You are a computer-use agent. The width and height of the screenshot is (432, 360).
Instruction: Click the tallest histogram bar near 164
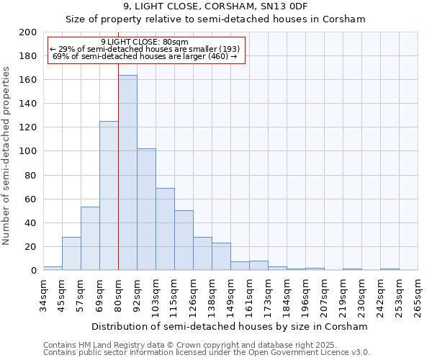(127, 173)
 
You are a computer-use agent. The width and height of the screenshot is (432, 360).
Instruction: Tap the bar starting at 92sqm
(146, 209)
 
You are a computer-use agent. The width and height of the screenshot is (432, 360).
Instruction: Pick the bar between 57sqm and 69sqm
(90, 238)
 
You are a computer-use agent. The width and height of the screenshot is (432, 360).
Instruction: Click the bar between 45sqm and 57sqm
(71, 253)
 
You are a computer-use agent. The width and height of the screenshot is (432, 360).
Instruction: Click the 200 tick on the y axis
(28, 32)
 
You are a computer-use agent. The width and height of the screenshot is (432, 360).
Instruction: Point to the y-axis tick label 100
(28, 151)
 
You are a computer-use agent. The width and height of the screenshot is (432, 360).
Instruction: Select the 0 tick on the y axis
(33, 271)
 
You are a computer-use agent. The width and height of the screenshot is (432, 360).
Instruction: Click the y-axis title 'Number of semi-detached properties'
(7, 156)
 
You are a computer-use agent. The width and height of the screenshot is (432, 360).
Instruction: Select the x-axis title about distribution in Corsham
(230, 326)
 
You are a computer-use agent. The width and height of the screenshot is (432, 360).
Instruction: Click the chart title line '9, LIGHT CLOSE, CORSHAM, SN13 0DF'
(215, 6)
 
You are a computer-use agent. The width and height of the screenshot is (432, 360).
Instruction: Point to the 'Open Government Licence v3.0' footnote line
(207, 353)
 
